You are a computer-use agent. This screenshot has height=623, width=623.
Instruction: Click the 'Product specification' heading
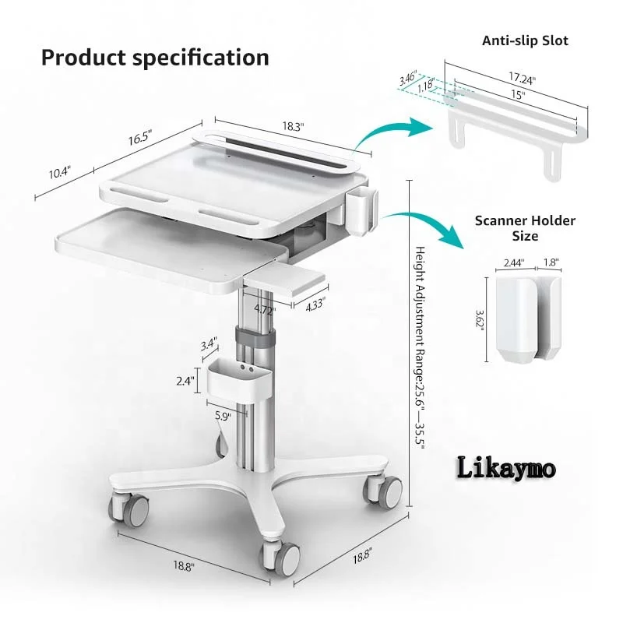click(x=155, y=57)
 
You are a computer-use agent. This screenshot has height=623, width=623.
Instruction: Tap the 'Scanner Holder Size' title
click(x=525, y=227)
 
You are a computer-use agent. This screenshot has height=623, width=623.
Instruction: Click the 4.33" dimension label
click(x=315, y=306)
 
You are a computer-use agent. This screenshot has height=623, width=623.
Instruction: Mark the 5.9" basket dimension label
click(x=223, y=416)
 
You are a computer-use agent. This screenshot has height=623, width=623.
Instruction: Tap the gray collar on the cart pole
click(x=258, y=336)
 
